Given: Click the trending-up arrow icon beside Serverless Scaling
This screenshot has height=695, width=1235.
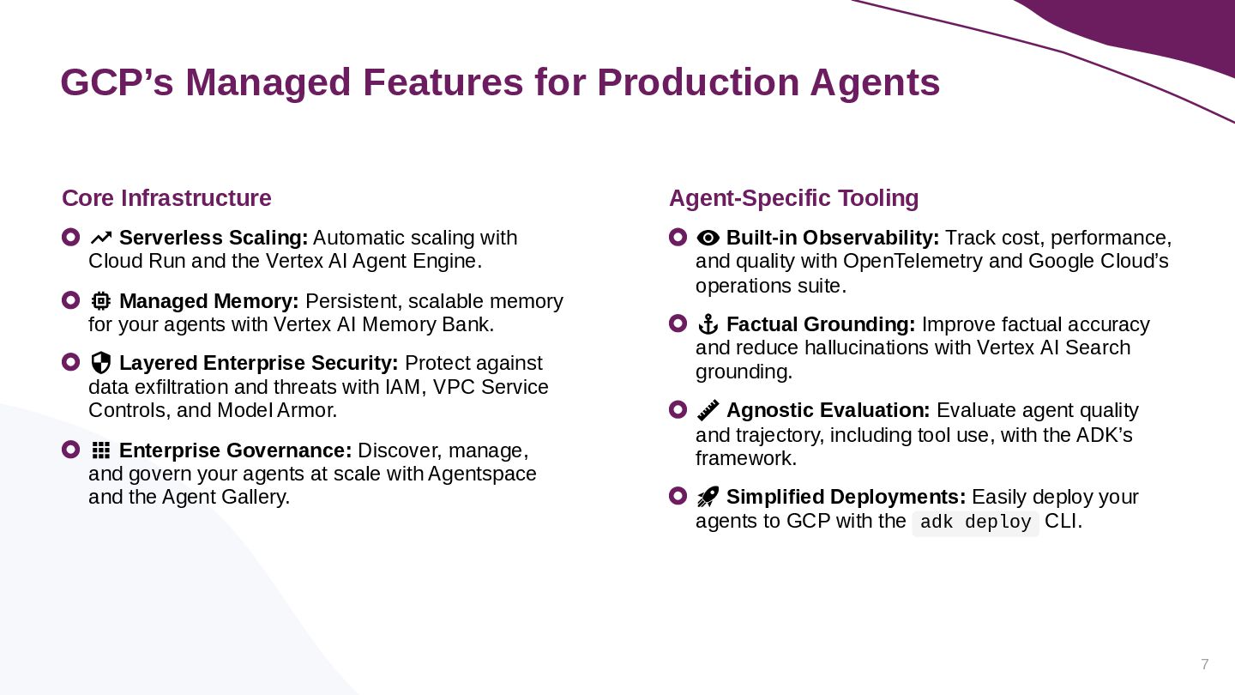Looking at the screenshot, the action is tap(101, 239).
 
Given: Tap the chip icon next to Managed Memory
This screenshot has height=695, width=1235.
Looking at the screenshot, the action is tap(101, 301).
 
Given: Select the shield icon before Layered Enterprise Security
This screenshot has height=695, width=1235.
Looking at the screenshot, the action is tap(101, 363).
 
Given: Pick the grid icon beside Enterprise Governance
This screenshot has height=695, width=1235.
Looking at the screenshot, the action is tap(101, 450).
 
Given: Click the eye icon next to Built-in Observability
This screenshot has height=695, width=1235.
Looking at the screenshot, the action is tap(708, 238).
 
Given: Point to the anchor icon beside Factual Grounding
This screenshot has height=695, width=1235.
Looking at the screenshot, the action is tap(708, 324).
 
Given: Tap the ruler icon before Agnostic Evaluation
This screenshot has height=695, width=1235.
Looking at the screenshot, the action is tap(708, 410).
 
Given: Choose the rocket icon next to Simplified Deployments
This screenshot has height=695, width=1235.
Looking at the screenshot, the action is tap(708, 497).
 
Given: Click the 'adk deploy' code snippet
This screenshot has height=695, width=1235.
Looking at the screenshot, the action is tap(975, 522).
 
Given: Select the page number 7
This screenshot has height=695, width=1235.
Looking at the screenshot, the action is tap(1205, 664).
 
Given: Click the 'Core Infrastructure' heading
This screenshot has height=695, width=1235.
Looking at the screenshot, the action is tap(166, 198).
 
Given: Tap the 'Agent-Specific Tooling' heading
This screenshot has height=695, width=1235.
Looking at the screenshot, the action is tap(793, 198).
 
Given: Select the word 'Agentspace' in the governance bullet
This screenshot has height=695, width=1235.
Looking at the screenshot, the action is tap(482, 474).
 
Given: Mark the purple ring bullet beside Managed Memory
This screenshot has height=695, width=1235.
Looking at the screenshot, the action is tap(70, 300).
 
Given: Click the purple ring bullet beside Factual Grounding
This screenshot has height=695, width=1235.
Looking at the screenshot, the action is tap(678, 323).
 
